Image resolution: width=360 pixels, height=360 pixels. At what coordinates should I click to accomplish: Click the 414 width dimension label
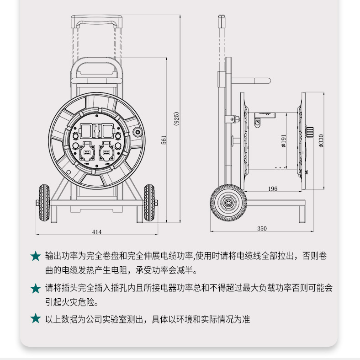tap(97, 232)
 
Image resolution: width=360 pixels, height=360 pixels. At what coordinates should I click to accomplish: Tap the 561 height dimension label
tap(164, 140)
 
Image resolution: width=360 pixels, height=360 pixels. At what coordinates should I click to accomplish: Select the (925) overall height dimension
tap(176, 118)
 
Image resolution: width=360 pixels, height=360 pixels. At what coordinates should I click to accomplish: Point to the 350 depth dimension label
tap(262, 228)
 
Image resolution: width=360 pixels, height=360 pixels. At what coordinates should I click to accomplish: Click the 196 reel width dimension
tap(273, 189)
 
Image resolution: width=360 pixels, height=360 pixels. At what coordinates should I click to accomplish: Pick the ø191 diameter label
tap(284, 141)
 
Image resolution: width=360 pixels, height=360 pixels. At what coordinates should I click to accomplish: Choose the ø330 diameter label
tap(321, 141)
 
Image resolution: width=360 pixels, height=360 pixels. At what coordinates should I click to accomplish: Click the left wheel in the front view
tap(44, 203)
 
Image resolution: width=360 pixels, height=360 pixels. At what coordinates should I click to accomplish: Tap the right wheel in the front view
tap(149, 203)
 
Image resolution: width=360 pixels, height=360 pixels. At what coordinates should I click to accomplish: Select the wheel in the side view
tap(228, 203)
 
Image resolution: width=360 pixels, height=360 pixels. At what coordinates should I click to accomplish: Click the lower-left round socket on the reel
tap(87, 151)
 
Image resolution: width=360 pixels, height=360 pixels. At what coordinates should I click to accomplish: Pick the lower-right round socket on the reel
tap(106, 151)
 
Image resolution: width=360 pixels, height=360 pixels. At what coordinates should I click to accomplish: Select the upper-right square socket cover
tap(107, 131)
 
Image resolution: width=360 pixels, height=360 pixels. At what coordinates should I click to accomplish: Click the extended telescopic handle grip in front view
tap(96, 21)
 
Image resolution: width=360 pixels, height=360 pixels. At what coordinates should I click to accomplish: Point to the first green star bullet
tap(36, 256)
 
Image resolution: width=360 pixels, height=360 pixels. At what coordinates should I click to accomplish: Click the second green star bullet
tap(36, 288)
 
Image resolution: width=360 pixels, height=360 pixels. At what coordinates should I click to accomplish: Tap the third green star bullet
tap(36, 319)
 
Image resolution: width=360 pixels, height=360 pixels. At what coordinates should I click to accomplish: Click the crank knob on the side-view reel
tap(309, 132)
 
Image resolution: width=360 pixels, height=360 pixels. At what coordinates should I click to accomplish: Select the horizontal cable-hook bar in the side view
tap(251, 81)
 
